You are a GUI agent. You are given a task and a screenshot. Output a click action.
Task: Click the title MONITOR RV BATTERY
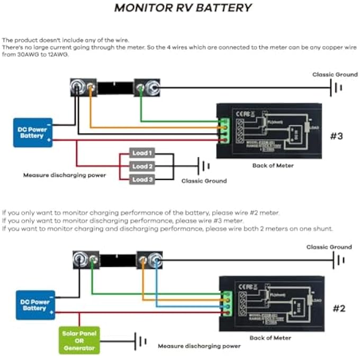tap(183, 8)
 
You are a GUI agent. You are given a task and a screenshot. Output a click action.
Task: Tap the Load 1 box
tap(142, 153)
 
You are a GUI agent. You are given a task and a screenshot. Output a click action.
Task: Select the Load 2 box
tap(142, 166)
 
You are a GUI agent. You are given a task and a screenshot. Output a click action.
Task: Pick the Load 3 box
tap(142, 179)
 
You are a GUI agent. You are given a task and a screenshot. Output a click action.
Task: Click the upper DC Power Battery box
tap(33, 132)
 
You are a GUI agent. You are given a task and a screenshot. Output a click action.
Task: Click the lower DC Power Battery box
tap(35, 305)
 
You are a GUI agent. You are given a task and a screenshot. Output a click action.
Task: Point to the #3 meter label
tap(337, 136)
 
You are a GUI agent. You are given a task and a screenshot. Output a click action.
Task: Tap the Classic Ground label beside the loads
tap(204, 181)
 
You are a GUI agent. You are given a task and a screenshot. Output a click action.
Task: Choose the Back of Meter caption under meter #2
tap(272, 338)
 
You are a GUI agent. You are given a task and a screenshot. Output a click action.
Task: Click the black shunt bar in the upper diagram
tap(115, 87)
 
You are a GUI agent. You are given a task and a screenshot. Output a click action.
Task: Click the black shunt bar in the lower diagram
tap(118, 260)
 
